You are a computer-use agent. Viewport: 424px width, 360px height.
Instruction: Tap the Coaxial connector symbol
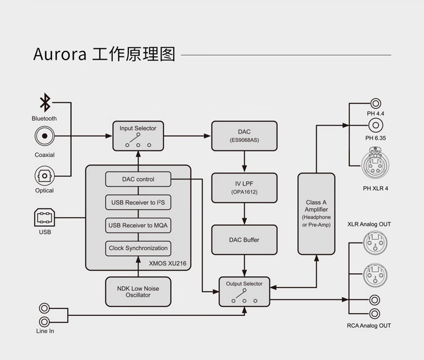point(45,136)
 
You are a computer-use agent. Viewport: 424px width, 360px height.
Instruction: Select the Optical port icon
point(45,176)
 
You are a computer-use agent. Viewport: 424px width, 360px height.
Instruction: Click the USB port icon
point(45,218)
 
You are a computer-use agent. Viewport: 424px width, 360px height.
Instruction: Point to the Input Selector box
point(138,135)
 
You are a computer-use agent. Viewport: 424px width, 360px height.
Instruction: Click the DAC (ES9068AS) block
point(244,135)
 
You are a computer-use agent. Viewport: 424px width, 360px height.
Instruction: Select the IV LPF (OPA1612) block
point(244,188)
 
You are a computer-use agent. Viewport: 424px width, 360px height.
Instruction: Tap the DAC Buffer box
point(244,240)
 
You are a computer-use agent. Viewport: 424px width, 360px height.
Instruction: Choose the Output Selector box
point(244,291)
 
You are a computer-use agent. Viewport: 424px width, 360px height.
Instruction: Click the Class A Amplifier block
point(316,213)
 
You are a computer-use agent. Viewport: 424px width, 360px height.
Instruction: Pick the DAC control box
point(138,179)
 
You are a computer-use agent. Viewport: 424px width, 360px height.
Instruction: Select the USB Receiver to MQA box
point(138,225)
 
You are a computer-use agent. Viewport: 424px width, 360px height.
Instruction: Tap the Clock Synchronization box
point(138,248)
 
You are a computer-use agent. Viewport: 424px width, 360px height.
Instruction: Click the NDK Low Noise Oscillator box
point(138,292)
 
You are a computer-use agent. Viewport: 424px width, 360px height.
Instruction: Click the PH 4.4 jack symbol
point(376,103)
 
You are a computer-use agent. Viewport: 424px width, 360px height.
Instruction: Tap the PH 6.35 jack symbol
point(376,126)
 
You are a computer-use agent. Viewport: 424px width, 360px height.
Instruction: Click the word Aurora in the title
point(60,55)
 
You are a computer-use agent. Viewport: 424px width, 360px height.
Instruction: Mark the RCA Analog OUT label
point(369,326)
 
